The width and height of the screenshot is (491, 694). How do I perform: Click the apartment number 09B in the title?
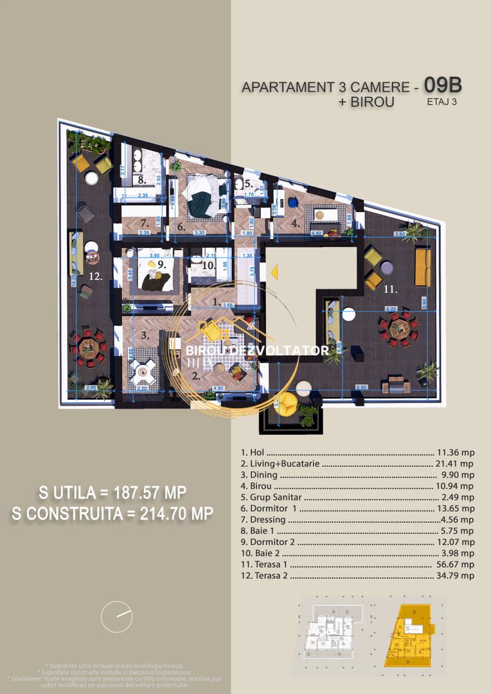443,85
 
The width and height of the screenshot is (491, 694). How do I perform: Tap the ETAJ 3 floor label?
442,101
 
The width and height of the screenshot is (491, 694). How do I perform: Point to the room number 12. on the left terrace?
95,277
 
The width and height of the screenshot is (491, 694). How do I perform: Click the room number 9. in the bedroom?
161,263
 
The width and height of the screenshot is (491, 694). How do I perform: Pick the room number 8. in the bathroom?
141,181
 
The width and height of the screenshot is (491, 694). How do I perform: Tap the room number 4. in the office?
295,224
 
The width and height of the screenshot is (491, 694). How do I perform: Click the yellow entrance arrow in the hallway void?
274,274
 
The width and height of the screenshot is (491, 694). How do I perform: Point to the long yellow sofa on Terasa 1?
422,267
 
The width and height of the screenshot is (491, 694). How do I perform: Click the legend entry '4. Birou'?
259,486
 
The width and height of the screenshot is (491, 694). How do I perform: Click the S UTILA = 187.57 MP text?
112,493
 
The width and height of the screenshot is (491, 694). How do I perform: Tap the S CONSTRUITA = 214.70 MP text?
112,513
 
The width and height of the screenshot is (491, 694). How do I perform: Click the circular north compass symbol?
116,617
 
